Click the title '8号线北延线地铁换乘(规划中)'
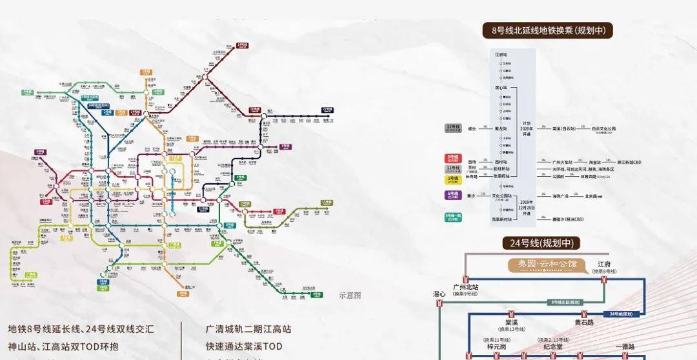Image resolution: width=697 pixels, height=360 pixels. pos(547,30)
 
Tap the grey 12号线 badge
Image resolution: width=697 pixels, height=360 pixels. pos(453,128)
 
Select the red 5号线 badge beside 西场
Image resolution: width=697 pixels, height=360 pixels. pos(453,159)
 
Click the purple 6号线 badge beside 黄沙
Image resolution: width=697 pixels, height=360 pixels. pos(453,195)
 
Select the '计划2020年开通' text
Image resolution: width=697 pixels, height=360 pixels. pos(527,127)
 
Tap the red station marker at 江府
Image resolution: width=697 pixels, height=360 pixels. pos(604,279)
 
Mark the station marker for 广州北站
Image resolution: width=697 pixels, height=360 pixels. pos(465,279)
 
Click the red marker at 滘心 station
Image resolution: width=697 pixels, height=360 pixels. pos(439,302)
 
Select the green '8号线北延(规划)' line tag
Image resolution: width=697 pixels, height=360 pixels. pos(567,301)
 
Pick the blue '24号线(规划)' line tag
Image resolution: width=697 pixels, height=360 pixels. pos(621,314)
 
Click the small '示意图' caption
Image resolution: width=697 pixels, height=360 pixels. pos(350,295)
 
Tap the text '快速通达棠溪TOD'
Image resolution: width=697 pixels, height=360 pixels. pos(244,346)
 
